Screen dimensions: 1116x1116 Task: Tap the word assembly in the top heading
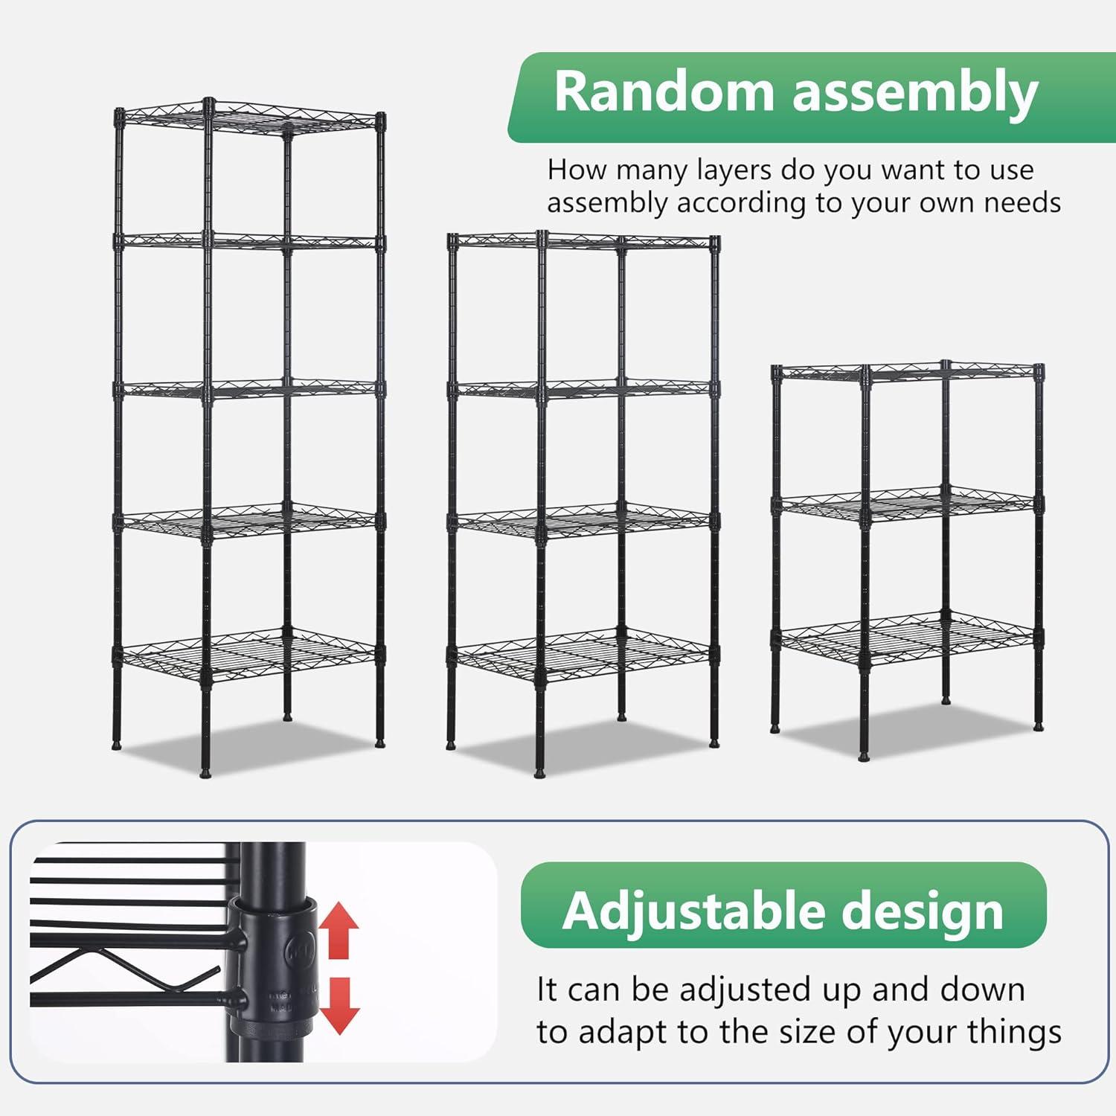pyautogui.click(x=915, y=94)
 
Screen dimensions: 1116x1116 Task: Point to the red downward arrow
pyautogui.click(x=339, y=1005)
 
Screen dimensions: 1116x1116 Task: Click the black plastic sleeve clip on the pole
pyautogui.click(x=272, y=967)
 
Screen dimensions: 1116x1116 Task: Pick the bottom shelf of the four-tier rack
pyautogui.click(x=583, y=655)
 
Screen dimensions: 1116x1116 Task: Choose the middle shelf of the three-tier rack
pyautogui.click(x=908, y=504)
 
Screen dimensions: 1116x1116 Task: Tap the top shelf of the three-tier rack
pyautogui.click(x=908, y=371)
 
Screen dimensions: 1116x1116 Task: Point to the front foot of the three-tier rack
pyautogui.click(x=863, y=754)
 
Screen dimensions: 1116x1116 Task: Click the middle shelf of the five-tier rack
pyautogui.click(x=249, y=389)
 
